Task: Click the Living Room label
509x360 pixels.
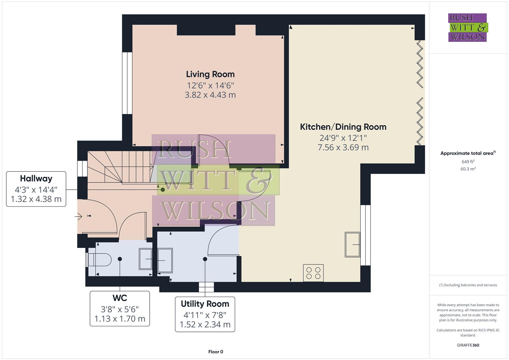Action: (x=210, y=74)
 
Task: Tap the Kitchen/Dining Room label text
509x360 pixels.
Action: (x=343, y=127)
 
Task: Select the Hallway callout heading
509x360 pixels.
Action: (x=36, y=179)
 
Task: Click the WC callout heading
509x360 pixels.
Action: (x=120, y=298)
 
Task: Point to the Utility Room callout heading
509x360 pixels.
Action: (x=205, y=304)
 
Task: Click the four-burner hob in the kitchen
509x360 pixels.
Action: (x=313, y=273)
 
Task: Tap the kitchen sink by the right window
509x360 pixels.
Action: (x=352, y=245)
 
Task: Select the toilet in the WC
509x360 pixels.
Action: (x=99, y=260)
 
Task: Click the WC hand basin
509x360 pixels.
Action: (x=145, y=259)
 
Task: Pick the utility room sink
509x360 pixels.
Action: (x=165, y=260)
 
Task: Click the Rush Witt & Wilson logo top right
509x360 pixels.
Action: (x=467, y=28)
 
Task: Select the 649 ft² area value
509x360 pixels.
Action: (x=468, y=162)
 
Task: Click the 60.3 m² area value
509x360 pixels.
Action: (x=468, y=169)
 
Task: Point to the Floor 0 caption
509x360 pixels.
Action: (x=215, y=352)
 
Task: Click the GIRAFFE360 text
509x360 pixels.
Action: (x=468, y=345)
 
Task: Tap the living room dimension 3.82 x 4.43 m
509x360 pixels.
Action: (x=210, y=95)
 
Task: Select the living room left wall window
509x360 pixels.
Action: (x=127, y=83)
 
